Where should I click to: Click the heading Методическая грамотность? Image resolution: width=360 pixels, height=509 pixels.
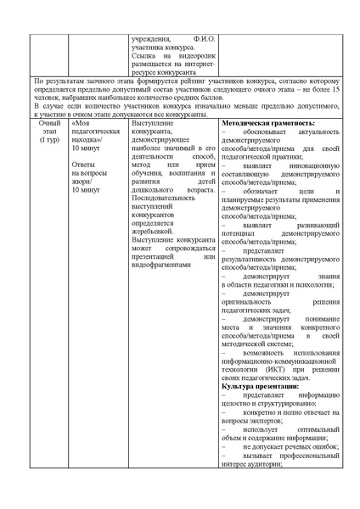point(262,124)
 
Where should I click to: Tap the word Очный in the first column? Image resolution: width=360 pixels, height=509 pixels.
point(49,124)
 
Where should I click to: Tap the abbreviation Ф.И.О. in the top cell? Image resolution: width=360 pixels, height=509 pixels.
point(205,40)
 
